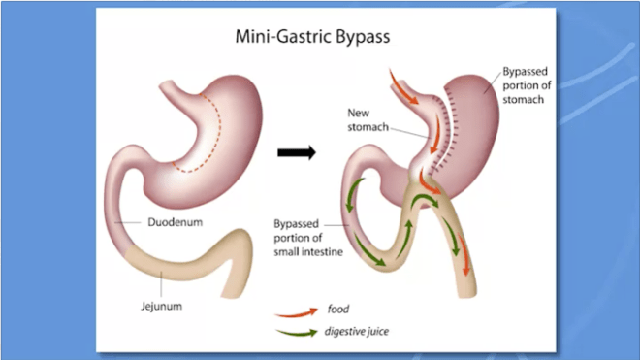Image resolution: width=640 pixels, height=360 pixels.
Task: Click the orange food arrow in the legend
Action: (x=296, y=312)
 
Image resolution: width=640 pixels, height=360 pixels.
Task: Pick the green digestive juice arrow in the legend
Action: (x=296, y=332)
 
